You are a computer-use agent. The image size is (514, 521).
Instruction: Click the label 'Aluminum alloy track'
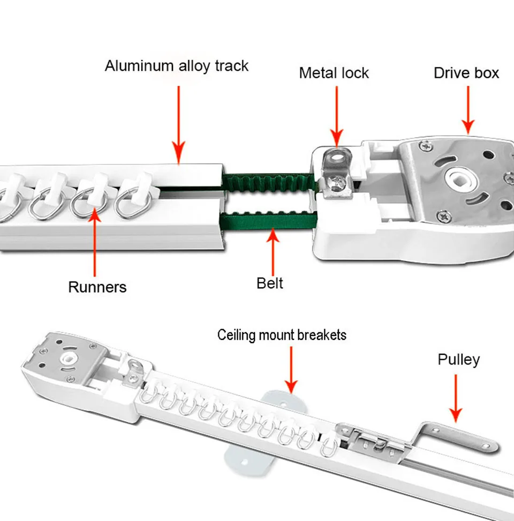point(177,66)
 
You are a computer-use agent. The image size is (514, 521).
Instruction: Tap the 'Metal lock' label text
point(334,73)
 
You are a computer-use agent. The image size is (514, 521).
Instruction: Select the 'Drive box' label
point(466,73)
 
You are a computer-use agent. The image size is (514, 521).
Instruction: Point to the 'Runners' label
point(97,287)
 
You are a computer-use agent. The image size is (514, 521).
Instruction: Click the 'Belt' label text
point(270,283)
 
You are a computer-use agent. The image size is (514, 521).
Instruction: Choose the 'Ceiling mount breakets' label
point(282,335)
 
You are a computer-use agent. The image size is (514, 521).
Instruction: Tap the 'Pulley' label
point(458,359)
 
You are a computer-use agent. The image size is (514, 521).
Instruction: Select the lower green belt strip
point(268,220)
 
